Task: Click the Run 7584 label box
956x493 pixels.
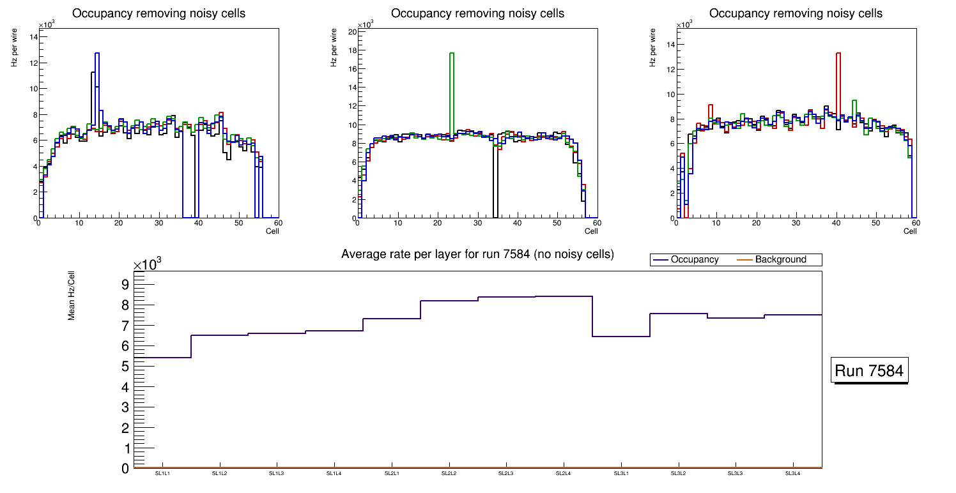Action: pyautogui.click(x=870, y=371)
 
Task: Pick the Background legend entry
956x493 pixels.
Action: pyautogui.click(x=780, y=260)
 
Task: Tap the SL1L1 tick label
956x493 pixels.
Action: pyautogui.click(x=163, y=473)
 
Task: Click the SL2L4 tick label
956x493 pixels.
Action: pyautogui.click(x=564, y=473)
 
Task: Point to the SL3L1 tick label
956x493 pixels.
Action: pyautogui.click(x=621, y=473)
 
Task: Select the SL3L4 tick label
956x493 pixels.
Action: pyautogui.click(x=793, y=473)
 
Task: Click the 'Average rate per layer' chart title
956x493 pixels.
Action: pyautogui.click(x=477, y=254)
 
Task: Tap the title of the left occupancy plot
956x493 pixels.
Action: pyautogui.click(x=158, y=13)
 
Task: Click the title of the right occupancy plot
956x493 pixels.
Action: pyautogui.click(x=796, y=13)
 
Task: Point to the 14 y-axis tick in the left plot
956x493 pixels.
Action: pyautogui.click(x=33, y=36)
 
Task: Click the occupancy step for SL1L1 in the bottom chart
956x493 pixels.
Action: pyautogui.click(x=163, y=358)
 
